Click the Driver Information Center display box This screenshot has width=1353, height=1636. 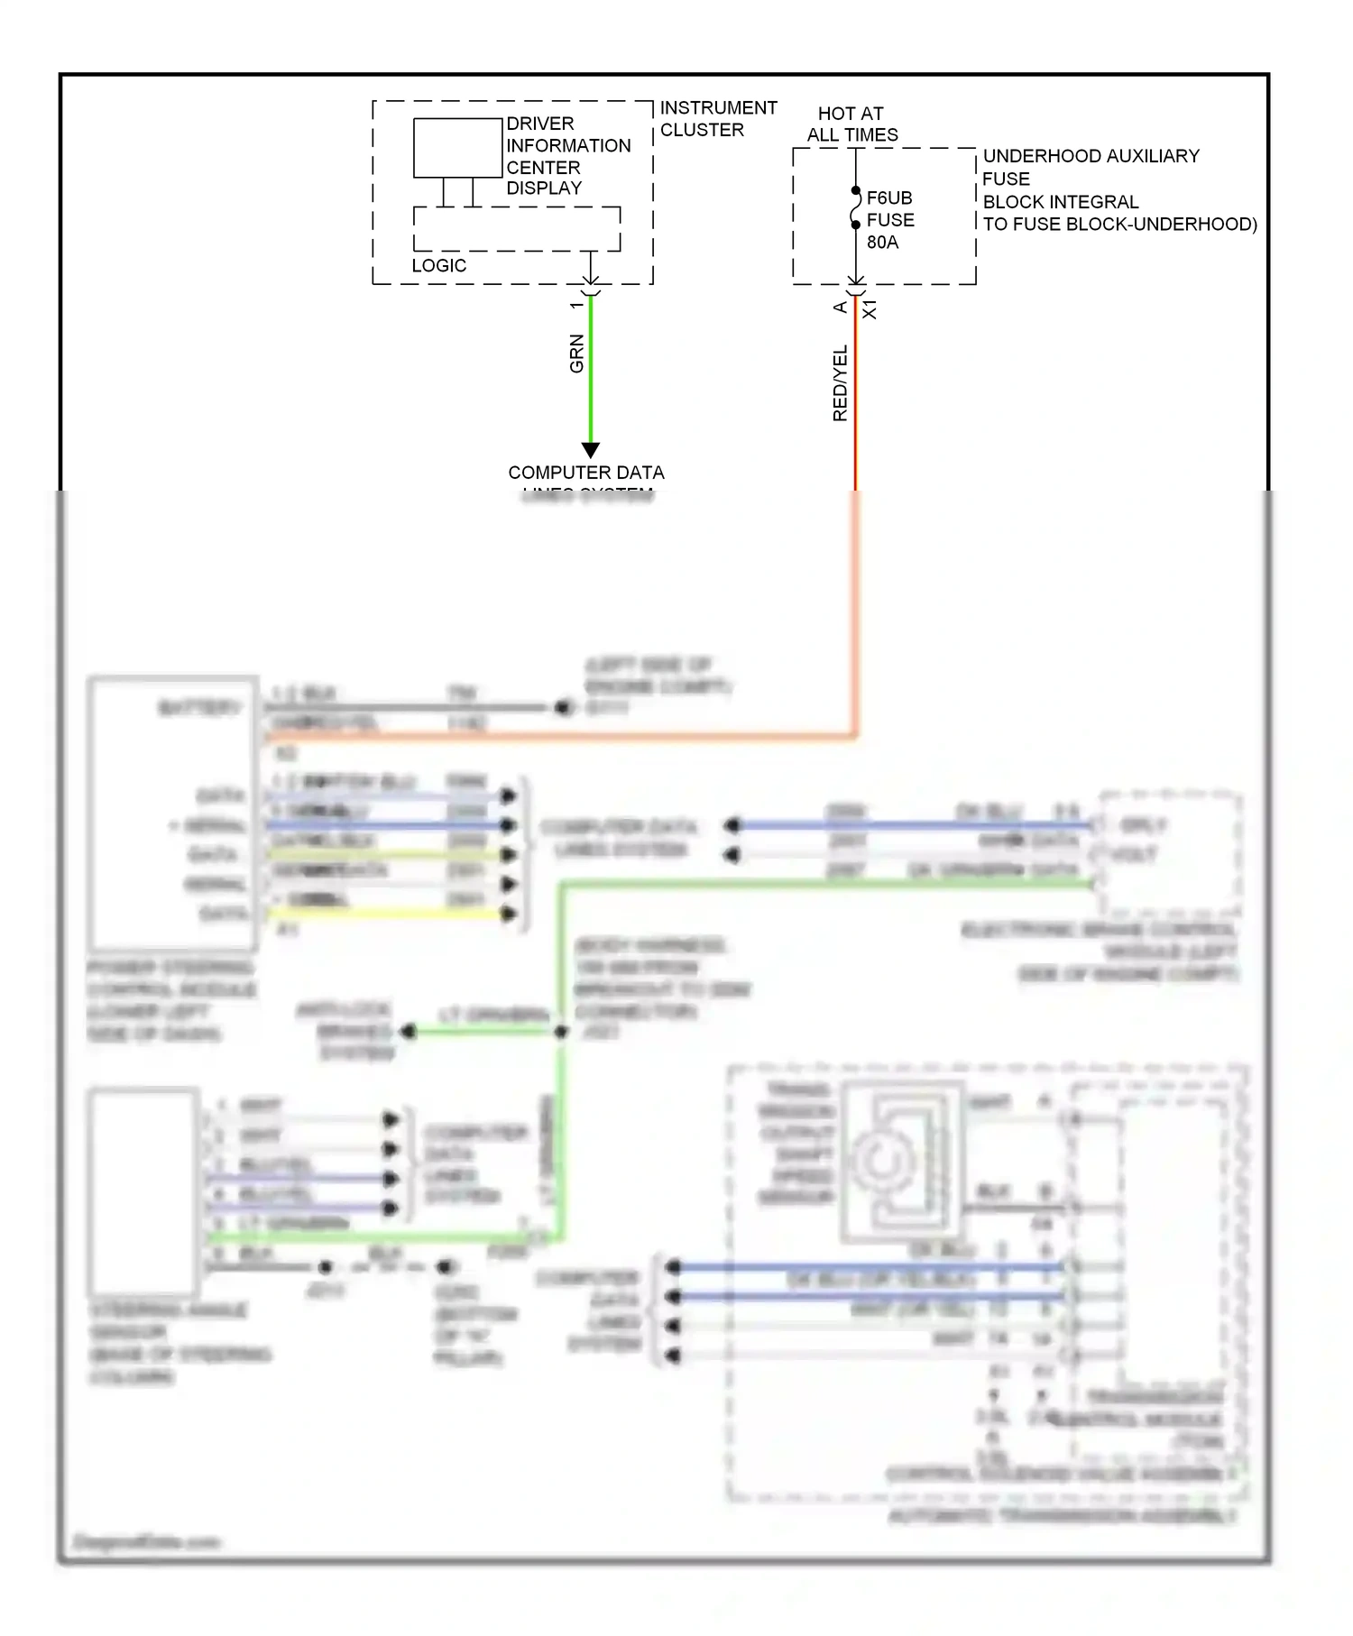(457, 148)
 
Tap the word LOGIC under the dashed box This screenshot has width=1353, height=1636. (438, 265)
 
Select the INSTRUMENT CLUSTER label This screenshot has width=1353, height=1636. (717, 118)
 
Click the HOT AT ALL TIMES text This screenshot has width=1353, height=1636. (851, 124)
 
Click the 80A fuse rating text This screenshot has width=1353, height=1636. (882, 242)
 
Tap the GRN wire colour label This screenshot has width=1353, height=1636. (576, 354)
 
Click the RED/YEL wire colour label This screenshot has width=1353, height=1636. (840, 383)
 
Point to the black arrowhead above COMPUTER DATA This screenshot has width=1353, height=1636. (591, 449)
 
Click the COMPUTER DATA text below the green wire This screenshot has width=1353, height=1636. (585, 473)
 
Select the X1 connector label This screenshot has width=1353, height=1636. (870, 309)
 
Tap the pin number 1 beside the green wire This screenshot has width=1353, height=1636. (576, 306)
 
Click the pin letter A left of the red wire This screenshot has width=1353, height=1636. (840, 308)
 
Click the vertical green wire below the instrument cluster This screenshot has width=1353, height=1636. (591, 379)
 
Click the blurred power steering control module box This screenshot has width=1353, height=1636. (171, 812)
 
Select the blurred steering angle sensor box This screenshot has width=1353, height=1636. (143, 1190)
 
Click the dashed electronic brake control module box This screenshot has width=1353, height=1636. (1168, 852)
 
